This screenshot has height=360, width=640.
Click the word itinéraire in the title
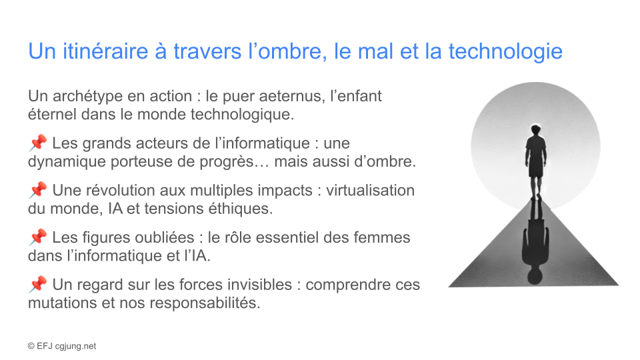106,51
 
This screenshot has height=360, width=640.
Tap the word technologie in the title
505,52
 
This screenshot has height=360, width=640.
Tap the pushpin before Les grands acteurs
38,143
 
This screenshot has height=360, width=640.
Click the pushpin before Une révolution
38,190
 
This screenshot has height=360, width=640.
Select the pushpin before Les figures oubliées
38,237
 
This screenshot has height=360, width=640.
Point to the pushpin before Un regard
38,284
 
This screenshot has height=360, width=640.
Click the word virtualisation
370,190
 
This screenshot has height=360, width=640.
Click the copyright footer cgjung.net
75,346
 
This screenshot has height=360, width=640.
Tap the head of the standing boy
535,131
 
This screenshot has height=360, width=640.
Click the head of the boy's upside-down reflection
535,275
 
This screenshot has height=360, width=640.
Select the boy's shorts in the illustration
536,169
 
